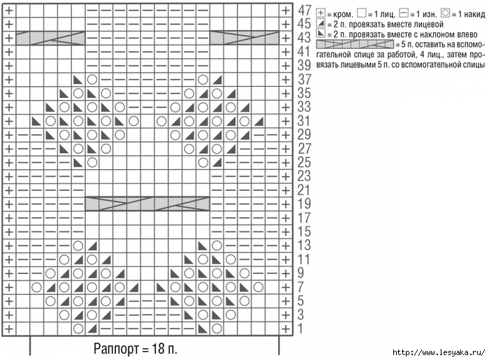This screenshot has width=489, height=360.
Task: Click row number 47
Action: (305, 10)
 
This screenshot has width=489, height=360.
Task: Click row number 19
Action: (305, 203)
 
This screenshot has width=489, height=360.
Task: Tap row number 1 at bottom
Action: (301, 328)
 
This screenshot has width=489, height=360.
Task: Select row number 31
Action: (305, 120)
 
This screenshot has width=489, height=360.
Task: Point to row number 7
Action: (301, 287)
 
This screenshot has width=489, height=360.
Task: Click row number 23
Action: (305, 176)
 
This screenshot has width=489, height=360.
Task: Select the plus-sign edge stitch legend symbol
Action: (321, 13)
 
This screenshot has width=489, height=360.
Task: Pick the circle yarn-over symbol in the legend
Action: (446, 13)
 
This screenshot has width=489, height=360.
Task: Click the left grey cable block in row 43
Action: (50, 37)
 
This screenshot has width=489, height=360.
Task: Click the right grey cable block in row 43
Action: (244, 37)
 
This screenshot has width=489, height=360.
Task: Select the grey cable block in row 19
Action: (147, 203)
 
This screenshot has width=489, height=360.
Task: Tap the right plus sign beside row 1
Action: (285, 328)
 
